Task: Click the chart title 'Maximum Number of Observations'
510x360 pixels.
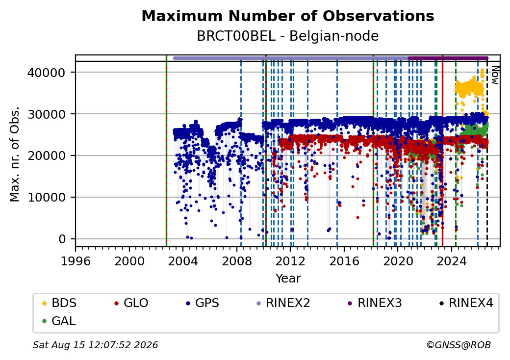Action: coord(288,16)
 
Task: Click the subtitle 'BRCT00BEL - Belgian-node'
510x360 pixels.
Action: coord(288,36)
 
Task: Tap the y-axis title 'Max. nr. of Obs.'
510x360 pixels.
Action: coord(15,154)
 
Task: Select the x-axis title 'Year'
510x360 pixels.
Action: coord(288,279)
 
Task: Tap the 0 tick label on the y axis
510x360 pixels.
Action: coord(62,239)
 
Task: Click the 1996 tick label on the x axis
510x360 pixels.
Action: coord(76,261)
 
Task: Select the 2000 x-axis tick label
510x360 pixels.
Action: coord(129,261)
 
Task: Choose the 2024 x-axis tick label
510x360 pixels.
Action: coord(452,261)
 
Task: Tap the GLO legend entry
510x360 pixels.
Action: coord(131,303)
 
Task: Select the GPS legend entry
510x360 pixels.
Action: coord(203,303)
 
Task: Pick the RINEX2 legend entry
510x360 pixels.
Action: coord(283,303)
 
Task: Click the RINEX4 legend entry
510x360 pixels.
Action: coord(466,303)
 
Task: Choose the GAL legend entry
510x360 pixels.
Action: coord(59,321)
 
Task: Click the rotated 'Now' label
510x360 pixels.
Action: coord(495,75)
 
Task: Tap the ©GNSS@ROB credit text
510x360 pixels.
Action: coord(459,345)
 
